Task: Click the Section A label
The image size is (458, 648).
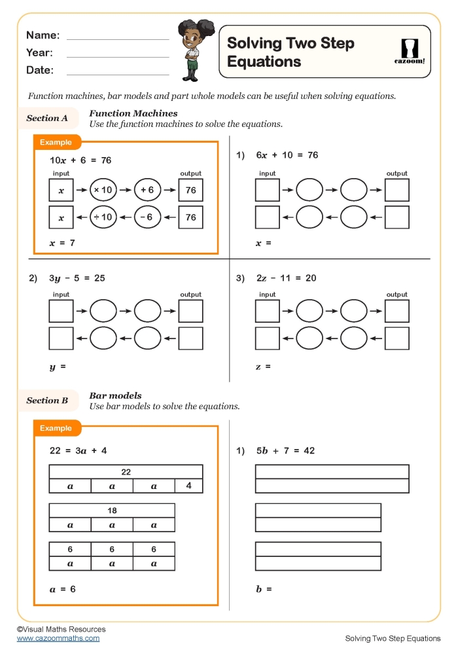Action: (47, 118)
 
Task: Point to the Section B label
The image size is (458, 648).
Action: (47, 401)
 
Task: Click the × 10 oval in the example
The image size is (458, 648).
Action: (103, 190)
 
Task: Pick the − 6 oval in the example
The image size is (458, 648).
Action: (148, 217)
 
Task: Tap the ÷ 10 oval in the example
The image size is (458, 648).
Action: (103, 217)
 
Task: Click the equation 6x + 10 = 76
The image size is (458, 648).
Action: (287, 155)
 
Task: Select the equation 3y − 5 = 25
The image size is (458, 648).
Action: (77, 278)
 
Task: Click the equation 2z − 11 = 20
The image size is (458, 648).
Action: (286, 278)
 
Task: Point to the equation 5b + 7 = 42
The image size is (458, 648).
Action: (285, 451)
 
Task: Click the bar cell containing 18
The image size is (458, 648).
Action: (112, 511)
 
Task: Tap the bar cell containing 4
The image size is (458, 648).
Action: (188, 486)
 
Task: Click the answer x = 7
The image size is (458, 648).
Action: (62, 243)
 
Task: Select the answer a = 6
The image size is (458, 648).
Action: (63, 589)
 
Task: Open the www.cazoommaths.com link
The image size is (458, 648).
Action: (58, 638)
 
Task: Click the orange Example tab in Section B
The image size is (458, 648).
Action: (57, 428)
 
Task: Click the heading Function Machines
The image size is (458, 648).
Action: (133, 113)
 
